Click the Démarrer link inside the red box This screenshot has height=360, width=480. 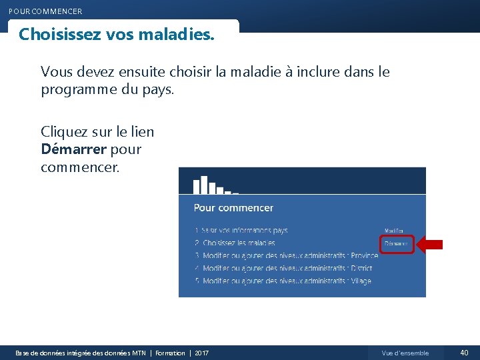click(x=396, y=244)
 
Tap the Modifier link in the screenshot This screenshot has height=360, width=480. click(x=394, y=231)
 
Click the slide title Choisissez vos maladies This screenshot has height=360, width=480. click(x=117, y=34)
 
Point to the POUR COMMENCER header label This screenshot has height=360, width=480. click(x=45, y=11)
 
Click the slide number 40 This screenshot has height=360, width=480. click(x=464, y=353)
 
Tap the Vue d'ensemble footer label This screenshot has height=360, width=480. click(x=405, y=353)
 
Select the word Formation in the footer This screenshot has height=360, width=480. click(x=170, y=353)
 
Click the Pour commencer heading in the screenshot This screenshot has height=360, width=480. click(x=233, y=208)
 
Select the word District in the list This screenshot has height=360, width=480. click(x=360, y=268)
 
